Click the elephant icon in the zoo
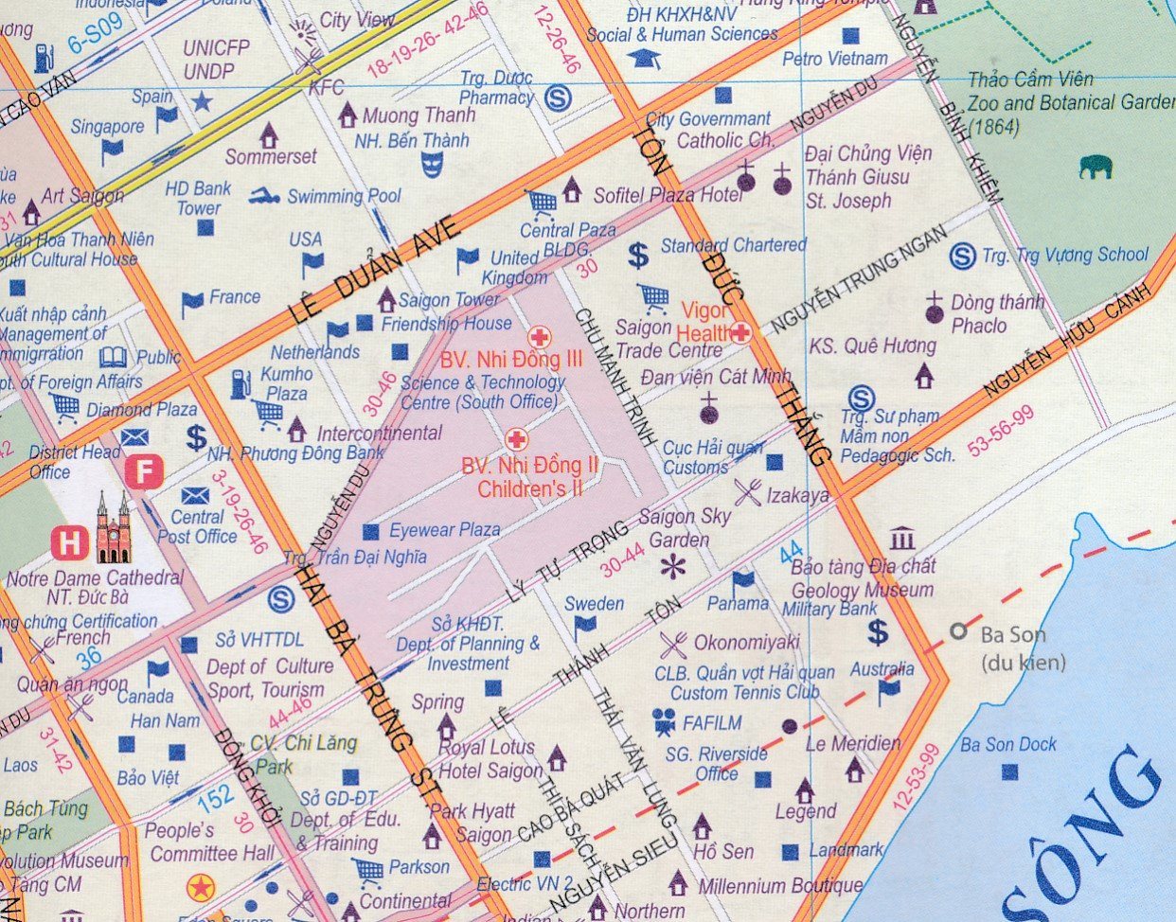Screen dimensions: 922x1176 coord(1095,168)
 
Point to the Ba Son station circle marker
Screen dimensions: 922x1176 coord(959,631)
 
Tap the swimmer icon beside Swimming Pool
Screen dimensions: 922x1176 coord(265,196)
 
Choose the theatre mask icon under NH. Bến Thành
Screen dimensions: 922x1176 coord(432,165)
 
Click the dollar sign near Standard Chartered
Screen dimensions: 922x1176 coord(639,254)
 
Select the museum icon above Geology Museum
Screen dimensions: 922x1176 coord(902,539)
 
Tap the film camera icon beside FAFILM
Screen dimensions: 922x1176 coord(664,723)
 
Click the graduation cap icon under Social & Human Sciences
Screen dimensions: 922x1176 coord(645,59)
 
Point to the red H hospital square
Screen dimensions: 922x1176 coord(68,543)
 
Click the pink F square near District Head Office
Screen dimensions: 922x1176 coord(145,470)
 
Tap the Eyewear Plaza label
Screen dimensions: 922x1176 coord(444,530)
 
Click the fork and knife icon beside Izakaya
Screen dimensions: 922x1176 coord(748,491)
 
